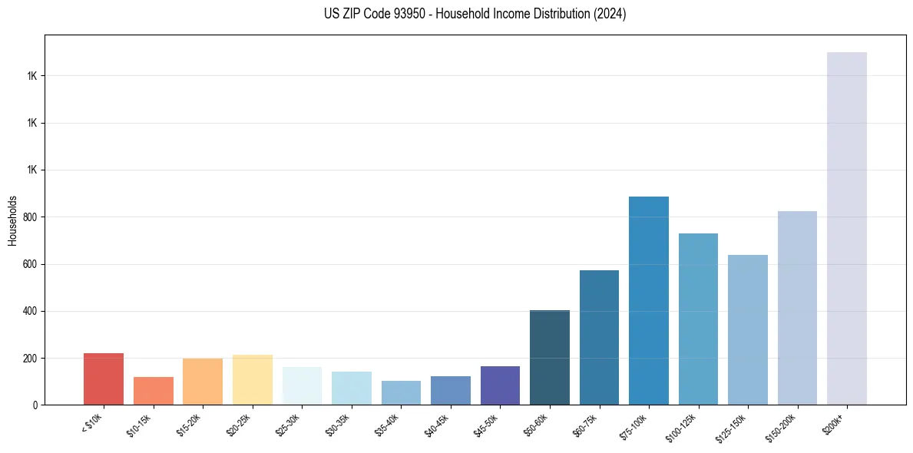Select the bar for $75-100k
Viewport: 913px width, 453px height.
(648, 300)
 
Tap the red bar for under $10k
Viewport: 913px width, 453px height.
(104, 379)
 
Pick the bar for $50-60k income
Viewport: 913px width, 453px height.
(549, 357)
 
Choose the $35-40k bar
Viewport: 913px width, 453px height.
(401, 392)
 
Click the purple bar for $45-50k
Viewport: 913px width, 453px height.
(500, 385)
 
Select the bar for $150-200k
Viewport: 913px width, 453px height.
(797, 308)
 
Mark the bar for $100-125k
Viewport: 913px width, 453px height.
(698, 319)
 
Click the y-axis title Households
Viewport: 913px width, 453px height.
(12, 220)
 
